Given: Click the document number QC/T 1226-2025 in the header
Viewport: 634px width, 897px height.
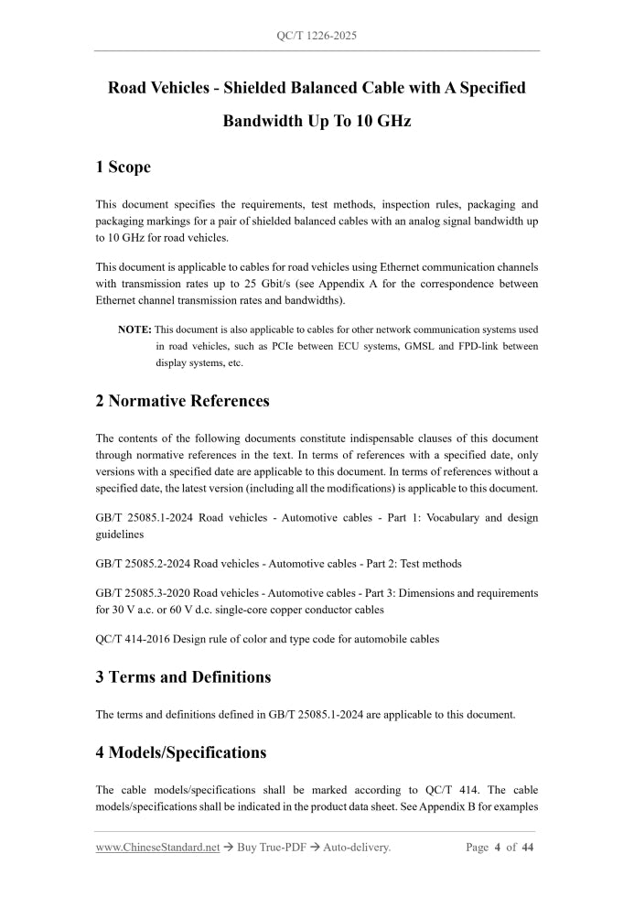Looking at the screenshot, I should (x=317, y=36).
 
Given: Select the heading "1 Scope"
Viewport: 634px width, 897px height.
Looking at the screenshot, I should (x=123, y=167).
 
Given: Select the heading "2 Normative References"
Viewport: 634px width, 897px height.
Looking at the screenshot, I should (x=182, y=401).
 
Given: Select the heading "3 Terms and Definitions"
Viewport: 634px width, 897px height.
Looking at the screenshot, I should (x=183, y=677).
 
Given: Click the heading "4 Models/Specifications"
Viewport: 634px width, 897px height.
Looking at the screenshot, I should (x=180, y=752).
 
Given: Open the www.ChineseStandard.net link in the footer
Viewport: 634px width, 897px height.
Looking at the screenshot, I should (x=157, y=848).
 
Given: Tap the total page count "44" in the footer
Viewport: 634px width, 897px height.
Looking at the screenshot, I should (x=528, y=848).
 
